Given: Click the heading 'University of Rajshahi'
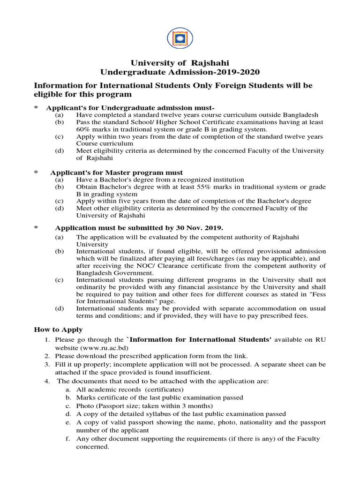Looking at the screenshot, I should pos(180,62).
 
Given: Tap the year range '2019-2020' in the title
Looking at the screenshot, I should pos(232,72).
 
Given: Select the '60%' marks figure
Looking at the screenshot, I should pos(84,129).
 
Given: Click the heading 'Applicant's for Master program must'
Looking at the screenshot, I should pos(119,172).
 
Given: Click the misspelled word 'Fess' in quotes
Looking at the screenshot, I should pos(318,294).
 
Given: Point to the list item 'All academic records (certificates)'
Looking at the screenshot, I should pos(130,390).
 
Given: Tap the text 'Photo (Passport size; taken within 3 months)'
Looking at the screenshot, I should pos(145,405).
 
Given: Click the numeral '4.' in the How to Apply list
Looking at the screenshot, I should pos(47,381).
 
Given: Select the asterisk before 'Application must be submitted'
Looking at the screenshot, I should pos(35,228).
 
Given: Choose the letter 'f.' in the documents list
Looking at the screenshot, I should pos(68,439).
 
